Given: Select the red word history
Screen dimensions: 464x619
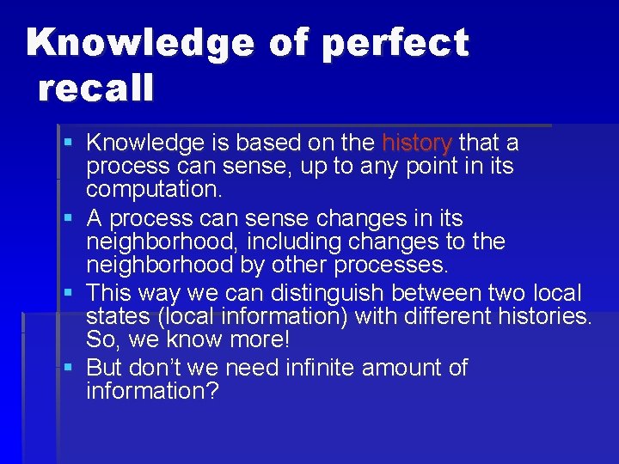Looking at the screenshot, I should pos(417,142).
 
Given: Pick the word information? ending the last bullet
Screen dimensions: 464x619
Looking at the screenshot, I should pos(153,391).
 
